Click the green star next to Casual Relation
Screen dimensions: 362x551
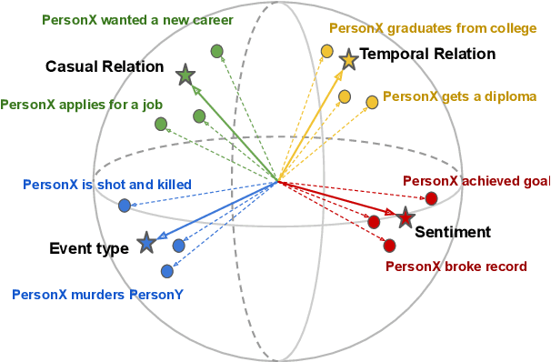(x=185, y=75)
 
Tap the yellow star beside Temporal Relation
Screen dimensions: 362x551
(x=348, y=61)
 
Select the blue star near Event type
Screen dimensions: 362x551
(x=145, y=243)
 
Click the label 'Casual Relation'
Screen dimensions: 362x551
(x=105, y=66)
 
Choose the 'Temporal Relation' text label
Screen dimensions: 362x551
(x=427, y=55)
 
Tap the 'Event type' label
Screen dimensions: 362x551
(x=88, y=248)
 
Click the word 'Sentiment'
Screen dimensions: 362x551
(x=453, y=232)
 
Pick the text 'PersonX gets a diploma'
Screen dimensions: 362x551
(x=459, y=96)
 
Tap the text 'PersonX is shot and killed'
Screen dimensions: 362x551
(x=106, y=185)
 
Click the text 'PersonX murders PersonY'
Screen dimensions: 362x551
(x=97, y=294)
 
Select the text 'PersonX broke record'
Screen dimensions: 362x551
(x=456, y=266)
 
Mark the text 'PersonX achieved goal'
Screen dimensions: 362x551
(x=476, y=181)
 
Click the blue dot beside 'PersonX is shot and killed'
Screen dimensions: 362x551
(x=125, y=206)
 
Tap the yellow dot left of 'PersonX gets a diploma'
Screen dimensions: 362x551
(x=372, y=103)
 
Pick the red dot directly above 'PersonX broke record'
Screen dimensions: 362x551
(x=389, y=246)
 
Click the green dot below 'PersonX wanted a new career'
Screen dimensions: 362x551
(x=216, y=51)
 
